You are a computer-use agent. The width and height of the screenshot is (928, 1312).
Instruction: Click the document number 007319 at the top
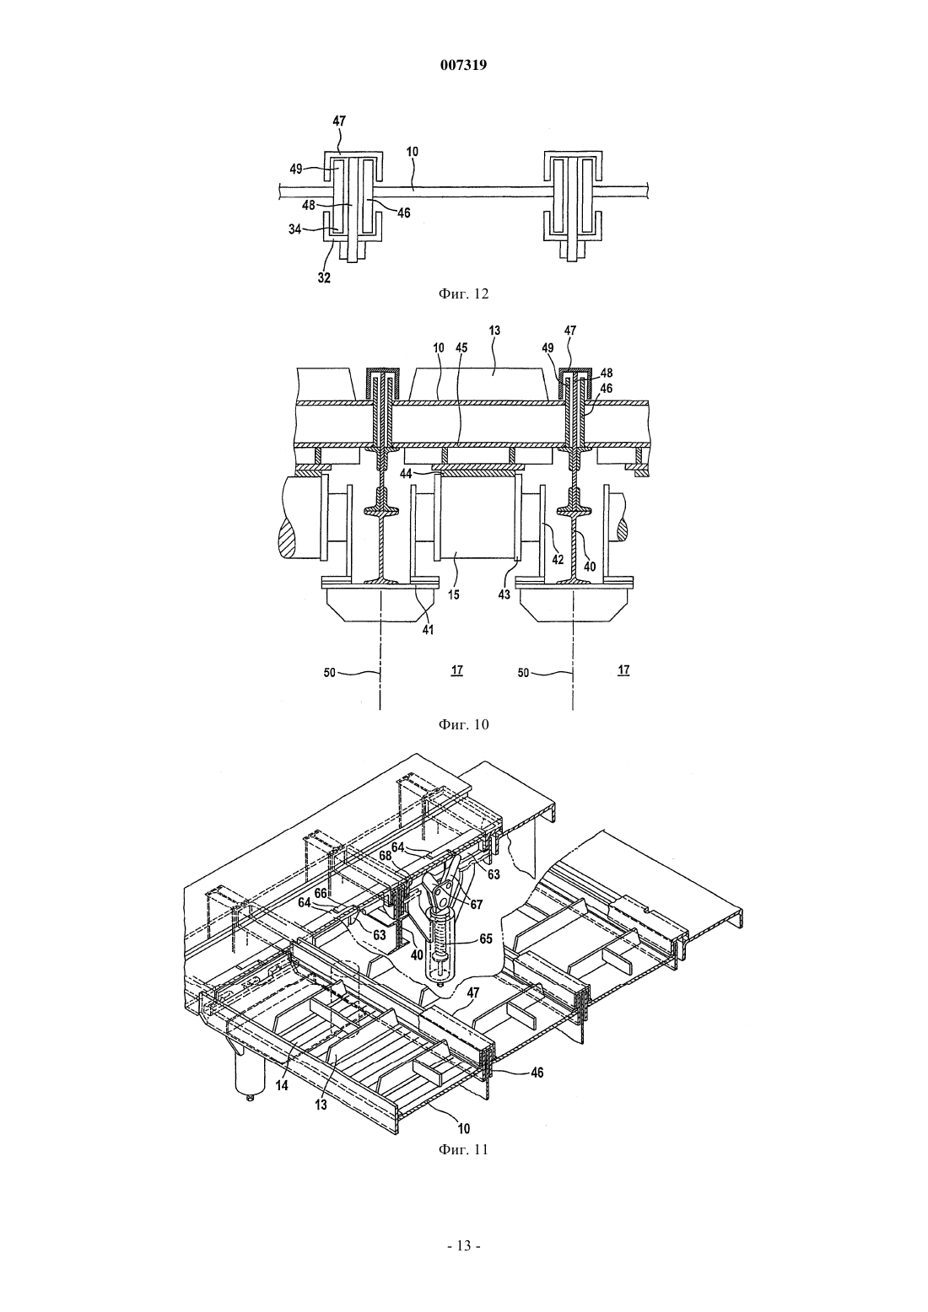(x=463, y=66)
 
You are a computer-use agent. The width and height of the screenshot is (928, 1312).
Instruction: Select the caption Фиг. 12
(x=463, y=294)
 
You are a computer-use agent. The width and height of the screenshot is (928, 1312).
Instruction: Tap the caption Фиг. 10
(x=463, y=724)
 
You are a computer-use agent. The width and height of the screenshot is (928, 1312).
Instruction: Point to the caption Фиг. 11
(x=463, y=1149)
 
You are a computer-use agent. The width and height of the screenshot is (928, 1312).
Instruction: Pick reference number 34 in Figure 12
(x=294, y=229)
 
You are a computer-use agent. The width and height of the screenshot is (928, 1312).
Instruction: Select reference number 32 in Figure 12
(x=324, y=277)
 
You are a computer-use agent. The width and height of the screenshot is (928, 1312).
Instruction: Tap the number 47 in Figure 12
(x=339, y=121)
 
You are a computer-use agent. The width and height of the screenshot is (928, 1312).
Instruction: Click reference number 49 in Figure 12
(x=296, y=169)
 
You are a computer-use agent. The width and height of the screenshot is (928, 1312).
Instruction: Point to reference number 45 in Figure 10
(x=461, y=348)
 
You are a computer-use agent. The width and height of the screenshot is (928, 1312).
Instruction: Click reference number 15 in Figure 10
(x=454, y=594)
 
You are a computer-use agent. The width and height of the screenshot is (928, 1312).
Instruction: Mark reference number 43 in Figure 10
(x=504, y=594)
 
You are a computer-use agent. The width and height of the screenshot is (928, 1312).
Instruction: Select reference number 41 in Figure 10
(x=429, y=630)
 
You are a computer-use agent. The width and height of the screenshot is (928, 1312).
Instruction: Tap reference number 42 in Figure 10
(x=558, y=560)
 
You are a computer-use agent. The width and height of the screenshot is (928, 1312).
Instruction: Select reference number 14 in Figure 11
(x=282, y=1085)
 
